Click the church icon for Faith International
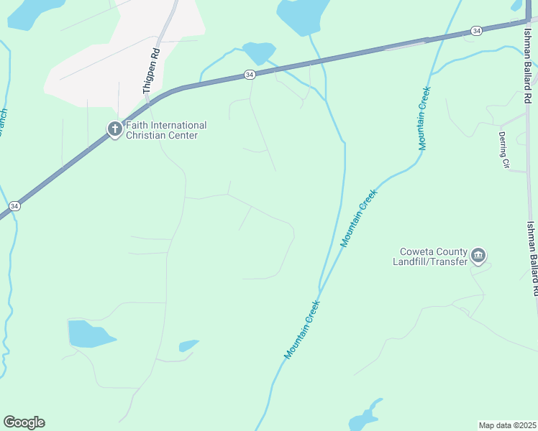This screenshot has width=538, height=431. click(114, 129)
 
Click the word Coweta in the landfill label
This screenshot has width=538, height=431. click(415, 251)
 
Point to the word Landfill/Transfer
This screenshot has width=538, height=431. click(430, 261)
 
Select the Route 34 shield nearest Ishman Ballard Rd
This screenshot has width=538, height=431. click(476, 31)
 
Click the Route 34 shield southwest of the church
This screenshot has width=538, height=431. click(14, 206)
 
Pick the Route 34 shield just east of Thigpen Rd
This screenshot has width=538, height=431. click(249, 75)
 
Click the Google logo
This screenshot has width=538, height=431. click(24, 422)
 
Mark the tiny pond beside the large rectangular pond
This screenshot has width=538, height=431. click(188, 346)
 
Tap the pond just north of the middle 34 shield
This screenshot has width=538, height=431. click(259, 52)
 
